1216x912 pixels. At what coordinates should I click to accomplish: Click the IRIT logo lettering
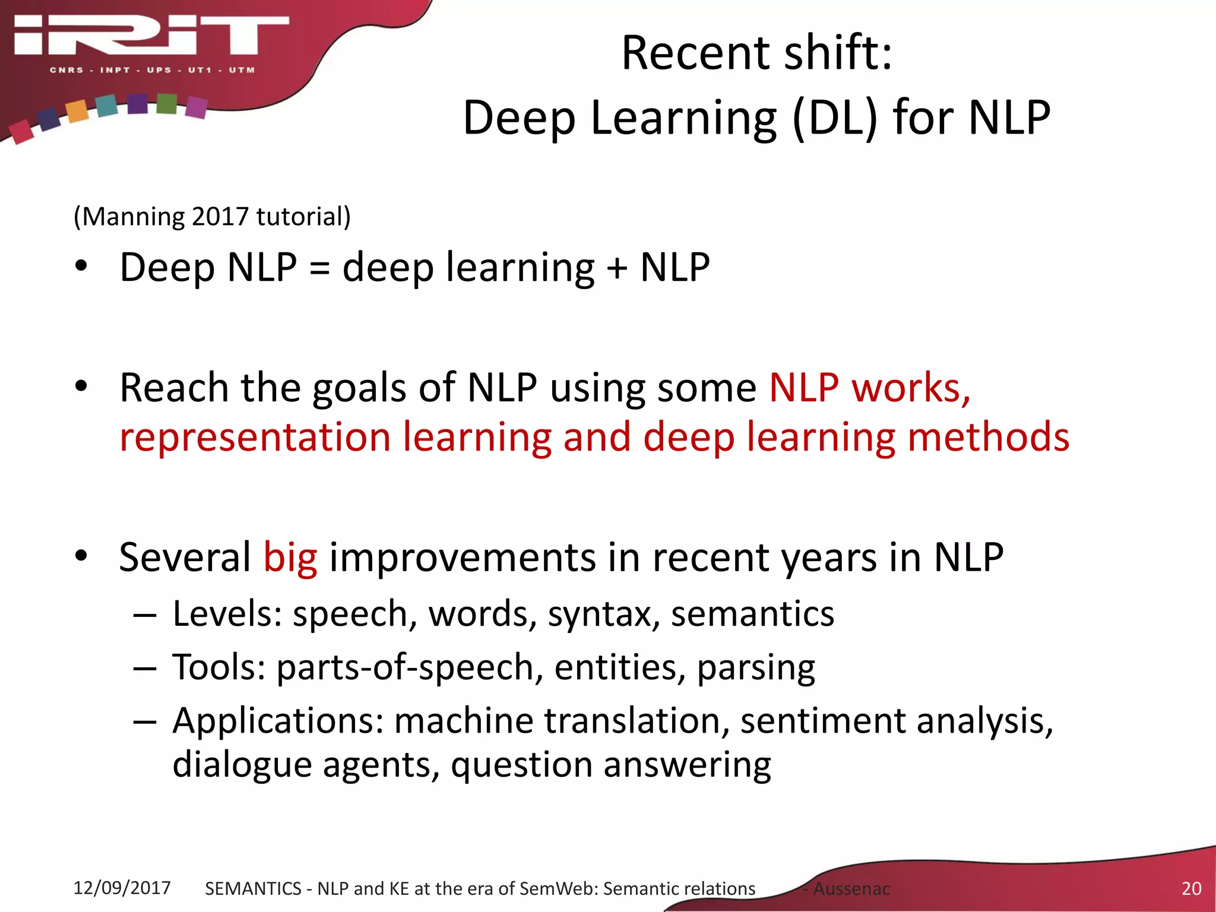click(151, 35)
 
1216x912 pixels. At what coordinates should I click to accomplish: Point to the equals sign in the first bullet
click(319, 268)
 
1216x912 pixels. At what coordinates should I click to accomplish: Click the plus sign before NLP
click(617, 268)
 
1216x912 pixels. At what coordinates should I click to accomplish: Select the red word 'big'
click(290, 558)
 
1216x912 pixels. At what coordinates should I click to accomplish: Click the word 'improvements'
click(462, 558)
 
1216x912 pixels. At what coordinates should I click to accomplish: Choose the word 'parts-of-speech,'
click(410, 667)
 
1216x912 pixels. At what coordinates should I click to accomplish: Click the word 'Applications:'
click(278, 721)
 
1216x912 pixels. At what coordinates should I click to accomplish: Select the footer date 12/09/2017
click(122, 888)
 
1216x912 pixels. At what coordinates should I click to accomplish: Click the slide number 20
click(1191, 888)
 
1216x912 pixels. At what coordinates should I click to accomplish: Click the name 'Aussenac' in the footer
click(851, 889)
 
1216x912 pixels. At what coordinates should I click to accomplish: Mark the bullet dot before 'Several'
click(81, 556)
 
